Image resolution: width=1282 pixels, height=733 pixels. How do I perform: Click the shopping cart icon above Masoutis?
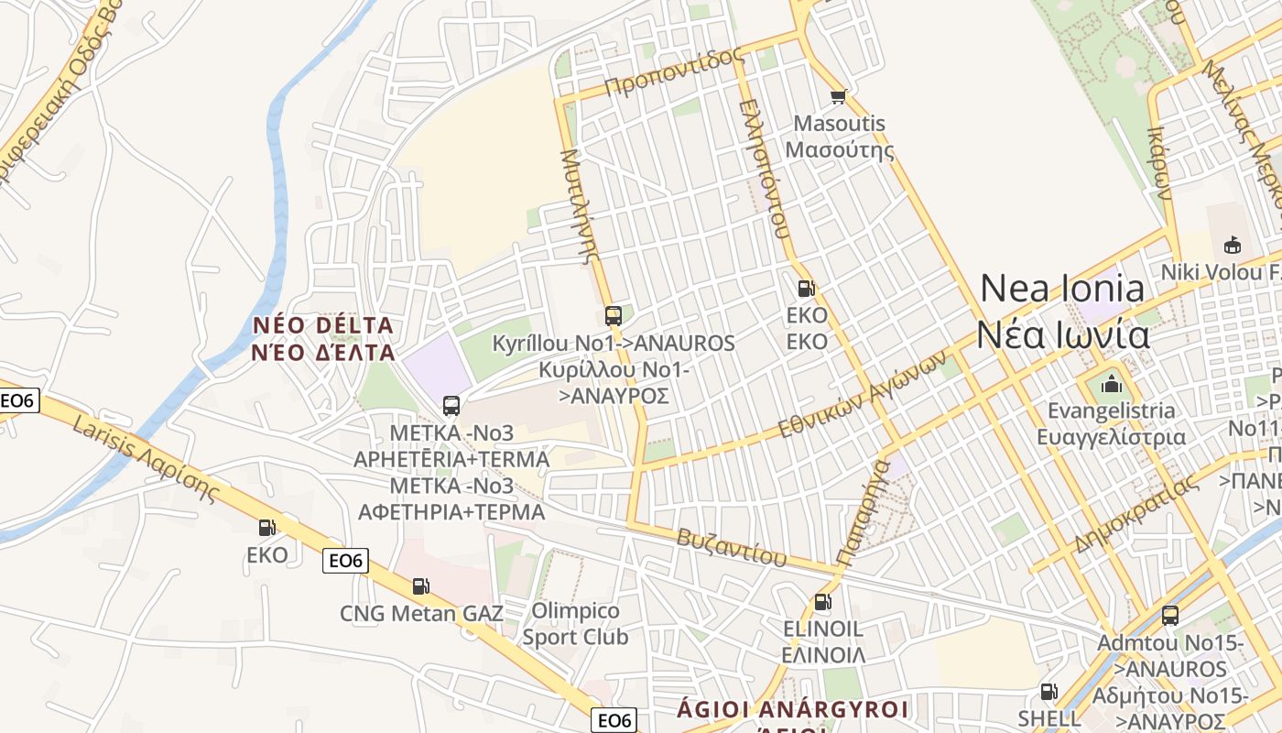pyautogui.click(x=837, y=96)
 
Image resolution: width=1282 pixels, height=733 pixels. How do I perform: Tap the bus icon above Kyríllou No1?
pyautogui.click(x=614, y=316)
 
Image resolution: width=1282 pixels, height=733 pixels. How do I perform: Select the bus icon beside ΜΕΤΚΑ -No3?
pyautogui.click(x=451, y=405)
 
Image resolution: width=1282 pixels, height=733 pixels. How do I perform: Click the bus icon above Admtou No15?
pyautogui.click(x=1169, y=615)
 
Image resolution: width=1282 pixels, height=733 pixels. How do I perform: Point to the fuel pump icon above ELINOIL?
pyautogui.click(x=822, y=602)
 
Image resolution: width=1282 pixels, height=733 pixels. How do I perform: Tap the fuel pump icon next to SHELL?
pyautogui.click(x=1048, y=692)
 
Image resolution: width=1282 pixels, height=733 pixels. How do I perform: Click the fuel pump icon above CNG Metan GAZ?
pyautogui.click(x=420, y=586)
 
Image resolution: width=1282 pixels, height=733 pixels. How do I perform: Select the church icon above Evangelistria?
pyautogui.click(x=1112, y=383)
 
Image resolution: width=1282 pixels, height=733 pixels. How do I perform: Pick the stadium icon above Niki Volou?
pyautogui.click(x=1232, y=245)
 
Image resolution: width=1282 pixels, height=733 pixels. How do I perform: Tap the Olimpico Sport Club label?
pyautogui.click(x=575, y=623)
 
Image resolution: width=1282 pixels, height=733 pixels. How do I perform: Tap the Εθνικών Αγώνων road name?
pyautogui.click(x=861, y=396)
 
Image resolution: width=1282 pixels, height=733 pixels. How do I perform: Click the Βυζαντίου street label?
pyautogui.click(x=732, y=546)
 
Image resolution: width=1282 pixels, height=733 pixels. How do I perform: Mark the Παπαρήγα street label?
pyautogui.click(x=863, y=513)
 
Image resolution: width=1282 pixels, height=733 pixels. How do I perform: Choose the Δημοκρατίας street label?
pyautogui.click(x=1135, y=515)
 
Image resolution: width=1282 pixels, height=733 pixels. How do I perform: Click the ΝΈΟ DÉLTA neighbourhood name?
pyautogui.click(x=323, y=339)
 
